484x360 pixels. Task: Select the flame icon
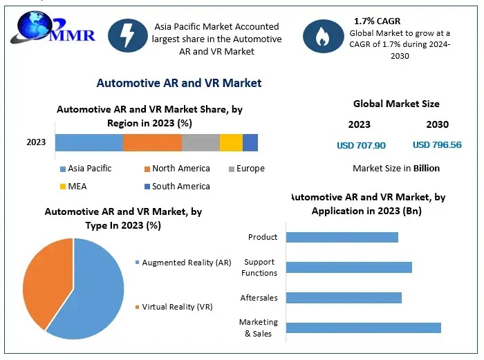click(x=322, y=37)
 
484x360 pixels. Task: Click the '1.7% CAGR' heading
click(x=377, y=21)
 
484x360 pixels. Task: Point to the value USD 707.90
click(x=361, y=145)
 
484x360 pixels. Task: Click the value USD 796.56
click(x=437, y=145)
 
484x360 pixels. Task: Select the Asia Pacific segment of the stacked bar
click(x=89, y=142)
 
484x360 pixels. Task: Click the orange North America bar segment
click(x=152, y=142)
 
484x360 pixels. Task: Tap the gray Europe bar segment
click(x=201, y=142)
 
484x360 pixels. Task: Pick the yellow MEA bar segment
click(x=231, y=142)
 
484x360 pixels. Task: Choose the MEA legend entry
click(x=77, y=186)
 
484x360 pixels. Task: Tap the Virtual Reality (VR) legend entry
click(x=177, y=307)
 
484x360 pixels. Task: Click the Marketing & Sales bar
click(x=363, y=328)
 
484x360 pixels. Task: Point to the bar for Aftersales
click(x=344, y=298)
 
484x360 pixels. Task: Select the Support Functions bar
click(x=348, y=267)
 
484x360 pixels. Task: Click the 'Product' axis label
click(x=263, y=237)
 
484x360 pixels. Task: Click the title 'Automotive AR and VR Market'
click(x=178, y=83)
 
